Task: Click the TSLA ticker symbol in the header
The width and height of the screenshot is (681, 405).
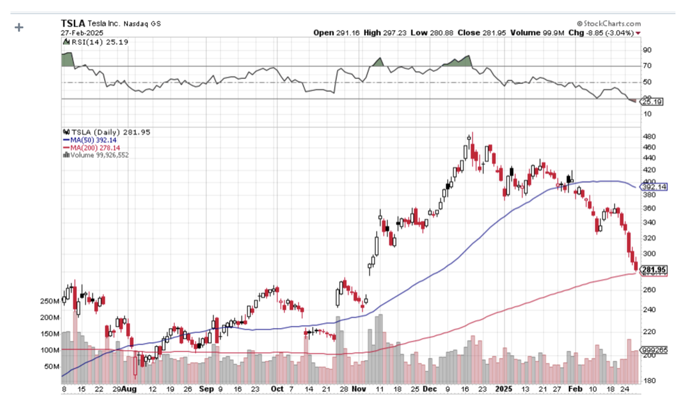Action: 73,23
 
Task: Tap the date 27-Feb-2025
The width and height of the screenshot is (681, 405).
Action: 82,33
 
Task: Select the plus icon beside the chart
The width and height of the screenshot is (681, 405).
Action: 19,28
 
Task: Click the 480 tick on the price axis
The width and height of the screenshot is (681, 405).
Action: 648,137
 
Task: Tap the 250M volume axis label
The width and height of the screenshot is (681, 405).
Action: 49,302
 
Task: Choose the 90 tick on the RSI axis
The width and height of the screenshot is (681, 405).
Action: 647,50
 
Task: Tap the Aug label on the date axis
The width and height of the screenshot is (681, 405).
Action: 129,389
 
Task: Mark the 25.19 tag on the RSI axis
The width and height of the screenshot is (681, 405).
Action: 652,102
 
